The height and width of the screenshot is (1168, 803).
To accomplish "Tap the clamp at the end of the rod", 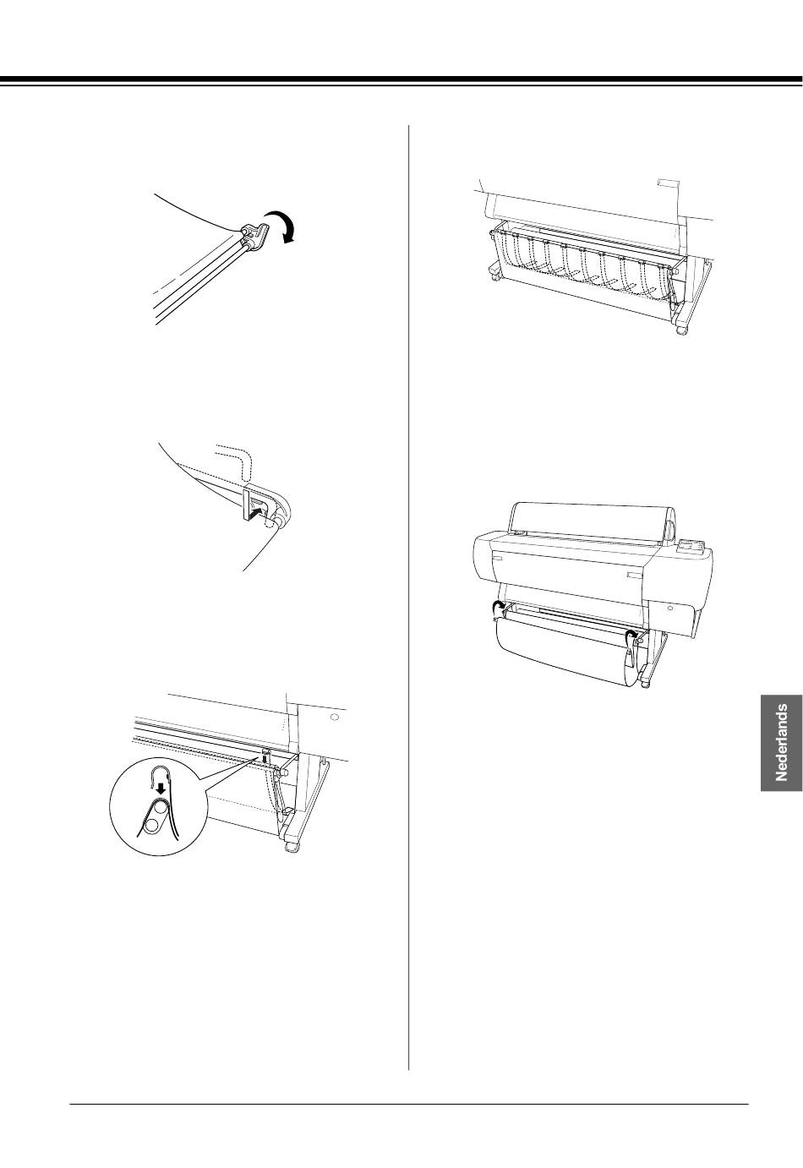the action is [x=254, y=235].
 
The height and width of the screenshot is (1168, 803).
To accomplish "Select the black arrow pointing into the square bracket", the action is [x=254, y=515].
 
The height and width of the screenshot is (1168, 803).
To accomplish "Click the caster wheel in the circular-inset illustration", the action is [x=292, y=845].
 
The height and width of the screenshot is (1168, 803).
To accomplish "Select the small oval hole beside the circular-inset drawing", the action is [x=336, y=718].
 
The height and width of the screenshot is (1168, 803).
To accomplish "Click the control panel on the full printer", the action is [x=690, y=547].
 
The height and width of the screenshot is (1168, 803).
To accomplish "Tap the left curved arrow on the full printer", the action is [x=499, y=607].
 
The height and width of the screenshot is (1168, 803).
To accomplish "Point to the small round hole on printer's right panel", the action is [x=670, y=608].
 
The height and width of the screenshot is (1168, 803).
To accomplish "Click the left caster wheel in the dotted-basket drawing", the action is [x=492, y=276].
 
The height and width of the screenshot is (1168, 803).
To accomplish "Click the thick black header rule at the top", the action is [x=401, y=79].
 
